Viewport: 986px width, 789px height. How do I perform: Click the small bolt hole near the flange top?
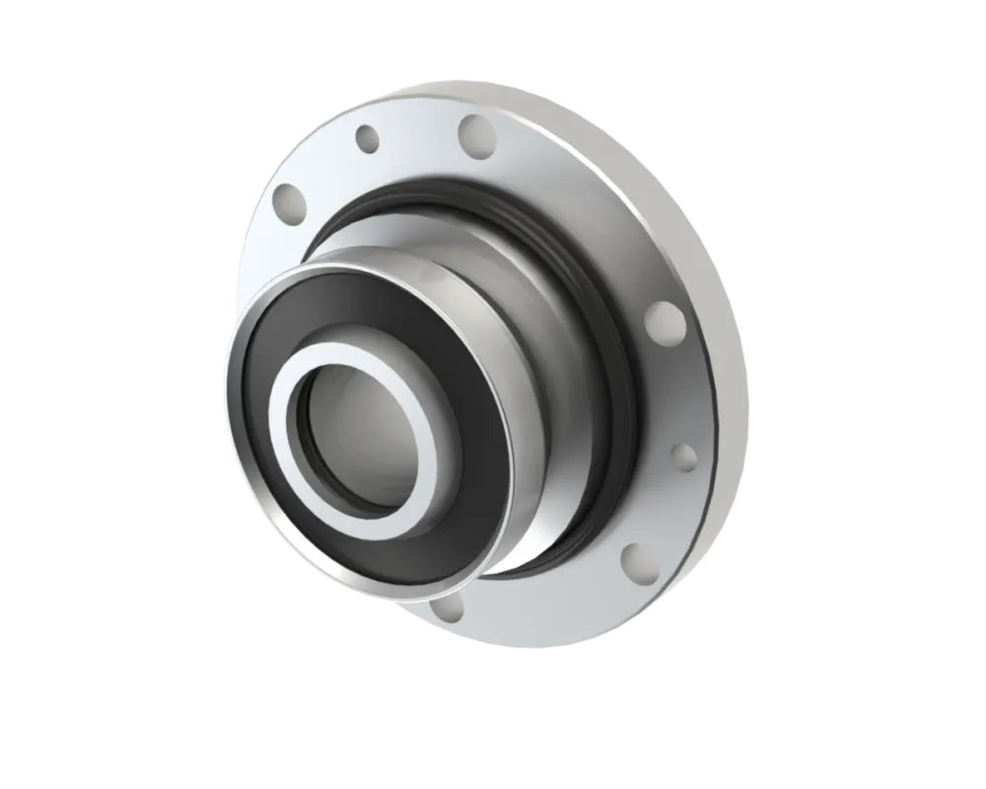(368, 139)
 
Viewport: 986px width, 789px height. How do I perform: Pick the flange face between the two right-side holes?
(680, 390)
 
